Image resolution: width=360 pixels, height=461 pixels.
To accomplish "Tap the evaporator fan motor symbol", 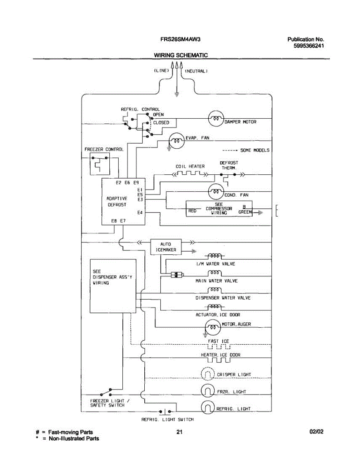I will (x=177, y=141).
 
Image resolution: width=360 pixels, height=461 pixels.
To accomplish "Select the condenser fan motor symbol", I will (x=216, y=192).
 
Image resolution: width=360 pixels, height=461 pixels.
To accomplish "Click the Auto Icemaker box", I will (x=165, y=247).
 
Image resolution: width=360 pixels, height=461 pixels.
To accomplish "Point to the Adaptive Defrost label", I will (x=116, y=202).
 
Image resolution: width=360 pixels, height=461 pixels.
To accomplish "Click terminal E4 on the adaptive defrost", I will (x=140, y=212).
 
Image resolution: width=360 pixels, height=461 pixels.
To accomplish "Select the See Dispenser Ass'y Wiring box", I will (x=113, y=285).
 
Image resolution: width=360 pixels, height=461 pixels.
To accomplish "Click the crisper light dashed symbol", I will (x=207, y=374).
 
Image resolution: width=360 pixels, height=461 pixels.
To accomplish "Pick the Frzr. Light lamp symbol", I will (x=207, y=391).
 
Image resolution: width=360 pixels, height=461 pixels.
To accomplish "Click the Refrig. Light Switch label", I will (x=168, y=420).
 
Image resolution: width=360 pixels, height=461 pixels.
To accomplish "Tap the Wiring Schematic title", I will (x=181, y=55).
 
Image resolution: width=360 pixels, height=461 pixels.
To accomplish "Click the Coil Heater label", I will (x=190, y=166).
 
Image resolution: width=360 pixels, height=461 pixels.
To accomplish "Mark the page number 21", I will (x=179, y=432).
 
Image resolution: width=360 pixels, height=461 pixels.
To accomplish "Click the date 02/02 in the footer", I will (x=317, y=432).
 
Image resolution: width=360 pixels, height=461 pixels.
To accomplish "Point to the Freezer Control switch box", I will (x=99, y=163).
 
